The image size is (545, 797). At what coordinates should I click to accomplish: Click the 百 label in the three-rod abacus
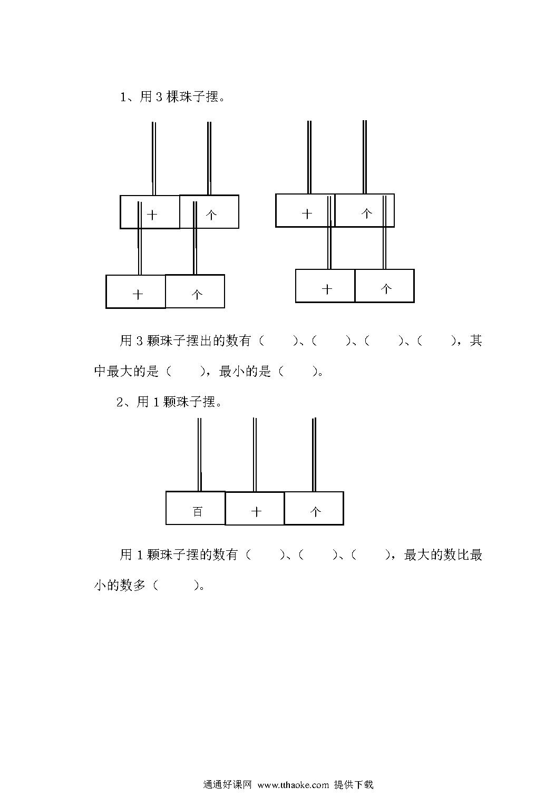[198, 512]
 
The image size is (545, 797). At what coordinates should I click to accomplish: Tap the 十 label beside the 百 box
[256, 512]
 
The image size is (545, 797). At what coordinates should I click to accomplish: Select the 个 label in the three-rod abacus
[316, 512]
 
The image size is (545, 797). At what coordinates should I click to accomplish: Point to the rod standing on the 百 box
[200, 455]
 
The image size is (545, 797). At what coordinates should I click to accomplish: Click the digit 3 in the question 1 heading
[159, 97]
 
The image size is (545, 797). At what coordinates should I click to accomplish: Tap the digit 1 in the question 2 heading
[156, 402]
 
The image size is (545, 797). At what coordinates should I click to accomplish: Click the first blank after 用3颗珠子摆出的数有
[278, 341]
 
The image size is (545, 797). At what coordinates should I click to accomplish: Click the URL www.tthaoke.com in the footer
[293, 784]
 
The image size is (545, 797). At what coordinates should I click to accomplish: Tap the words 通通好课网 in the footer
[227, 784]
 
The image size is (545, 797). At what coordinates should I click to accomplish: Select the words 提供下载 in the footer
[354, 784]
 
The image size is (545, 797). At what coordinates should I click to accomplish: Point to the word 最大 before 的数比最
[417, 555]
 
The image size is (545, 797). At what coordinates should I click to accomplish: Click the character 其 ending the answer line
[476, 341]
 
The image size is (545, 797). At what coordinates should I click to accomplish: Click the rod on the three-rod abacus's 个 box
[314, 455]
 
